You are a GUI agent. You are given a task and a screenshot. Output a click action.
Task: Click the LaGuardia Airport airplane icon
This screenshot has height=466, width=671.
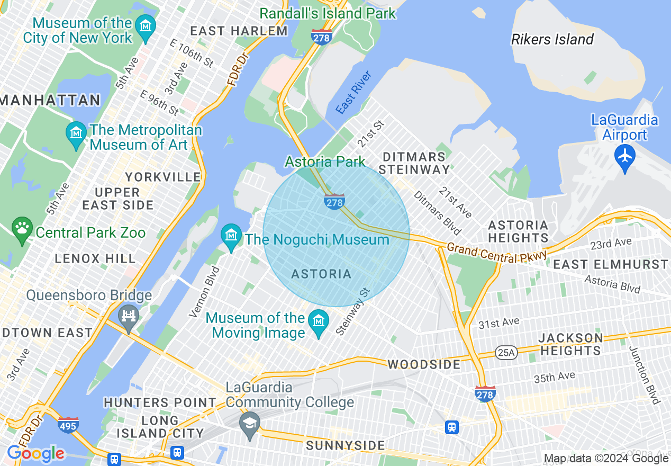click(x=625, y=156)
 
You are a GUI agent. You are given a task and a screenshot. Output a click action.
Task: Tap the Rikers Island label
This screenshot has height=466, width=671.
click(x=552, y=39)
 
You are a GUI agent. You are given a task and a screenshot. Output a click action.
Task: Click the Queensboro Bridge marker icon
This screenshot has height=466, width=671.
click(x=129, y=316)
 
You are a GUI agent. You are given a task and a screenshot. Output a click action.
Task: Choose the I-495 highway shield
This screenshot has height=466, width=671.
click(x=68, y=425)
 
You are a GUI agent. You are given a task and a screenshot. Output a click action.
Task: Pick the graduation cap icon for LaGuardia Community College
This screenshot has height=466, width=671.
click(x=249, y=423)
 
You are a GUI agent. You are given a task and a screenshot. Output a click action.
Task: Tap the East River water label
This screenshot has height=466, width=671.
click(x=353, y=92)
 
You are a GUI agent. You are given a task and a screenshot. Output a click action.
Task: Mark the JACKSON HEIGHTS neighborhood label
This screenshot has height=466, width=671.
click(x=570, y=344)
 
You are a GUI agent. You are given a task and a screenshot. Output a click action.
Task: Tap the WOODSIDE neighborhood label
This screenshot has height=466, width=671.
click(x=424, y=365)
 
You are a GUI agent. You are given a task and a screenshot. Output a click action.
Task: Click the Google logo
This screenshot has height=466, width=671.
click(x=35, y=454)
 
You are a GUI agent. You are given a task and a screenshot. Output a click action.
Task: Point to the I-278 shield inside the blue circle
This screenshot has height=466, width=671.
click(x=334, y=201)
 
